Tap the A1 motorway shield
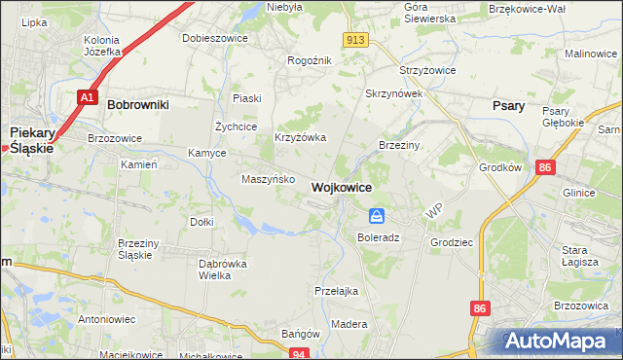click(x=88, y=97)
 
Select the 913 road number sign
click(x=354, y=39)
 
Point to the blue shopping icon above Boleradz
click(x=377, y=216)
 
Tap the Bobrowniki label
click(x=138, y=103)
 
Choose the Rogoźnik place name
click(x=310, y=59)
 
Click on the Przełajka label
click(x=337, y=290)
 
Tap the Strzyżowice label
click(x=427, y=72)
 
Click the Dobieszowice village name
click(x=215, y=38)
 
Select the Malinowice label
click(x=592, y=54)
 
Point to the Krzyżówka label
click(x=300, y=138)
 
